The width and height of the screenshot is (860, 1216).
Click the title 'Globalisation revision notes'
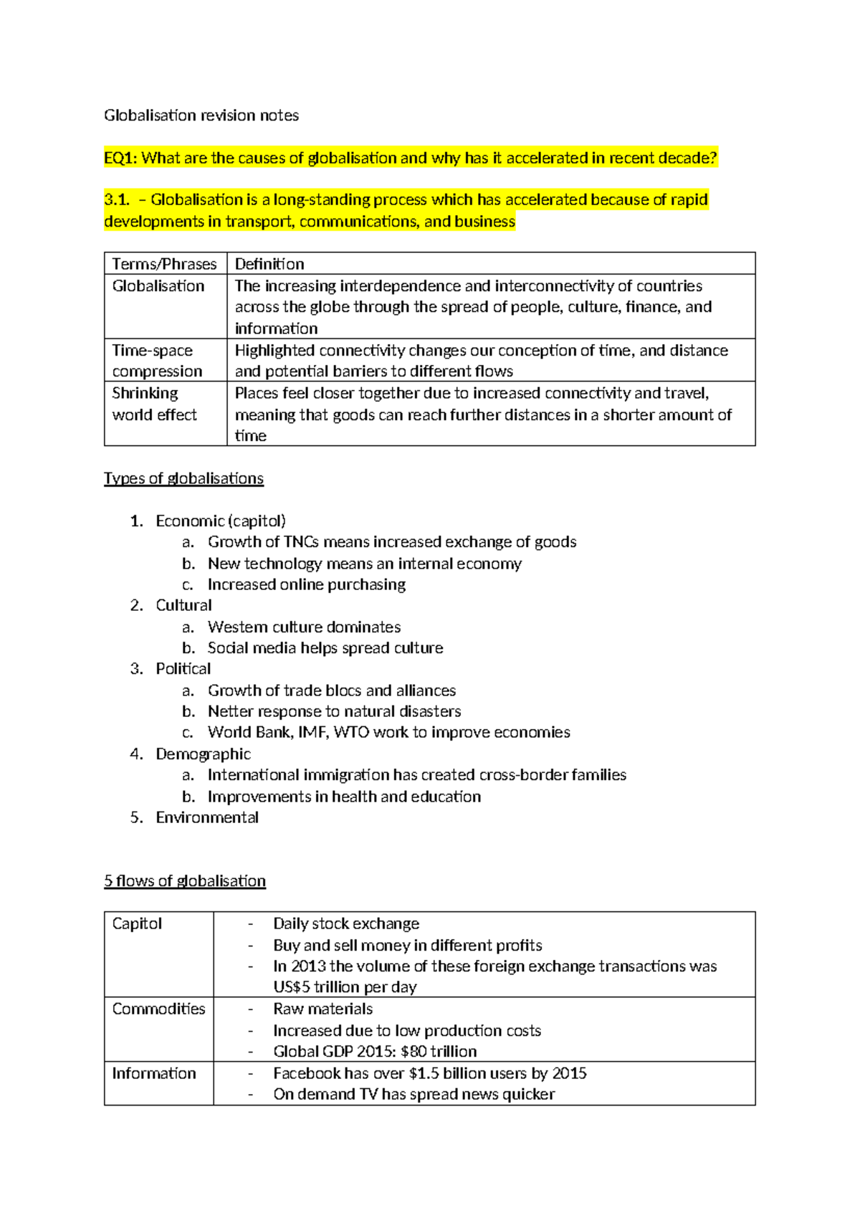point(201,115)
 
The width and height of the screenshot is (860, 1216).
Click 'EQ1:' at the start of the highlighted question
point(120,158)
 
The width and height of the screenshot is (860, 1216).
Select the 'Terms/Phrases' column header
point(164,264)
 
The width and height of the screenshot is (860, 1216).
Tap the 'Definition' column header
point(269,264)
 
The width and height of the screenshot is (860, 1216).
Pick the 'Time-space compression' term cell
point(157,361)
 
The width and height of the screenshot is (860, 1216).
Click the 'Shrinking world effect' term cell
point(154,404)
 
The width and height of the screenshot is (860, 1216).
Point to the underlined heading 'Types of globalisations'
point(183,478)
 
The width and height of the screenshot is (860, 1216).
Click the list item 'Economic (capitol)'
point(221,521)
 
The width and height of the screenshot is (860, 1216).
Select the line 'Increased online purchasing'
point(307,584)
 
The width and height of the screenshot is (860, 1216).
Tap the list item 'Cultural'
point(183,605)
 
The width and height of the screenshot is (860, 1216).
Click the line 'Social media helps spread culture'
point(325,647)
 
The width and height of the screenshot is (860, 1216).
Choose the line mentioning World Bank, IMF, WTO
point(388,732)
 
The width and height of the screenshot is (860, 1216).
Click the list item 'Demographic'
point(203,754)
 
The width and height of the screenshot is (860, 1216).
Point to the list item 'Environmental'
point(207,817)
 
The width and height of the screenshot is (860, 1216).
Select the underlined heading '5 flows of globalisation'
point(185,880)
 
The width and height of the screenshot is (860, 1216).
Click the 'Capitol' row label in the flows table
point(137,923)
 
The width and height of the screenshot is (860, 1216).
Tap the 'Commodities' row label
point(158,1009)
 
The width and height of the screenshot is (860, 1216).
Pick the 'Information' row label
point(154,1073)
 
